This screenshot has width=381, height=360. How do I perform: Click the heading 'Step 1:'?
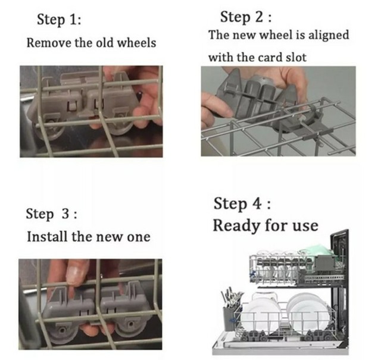pyautogui.click(x=59, y=20)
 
